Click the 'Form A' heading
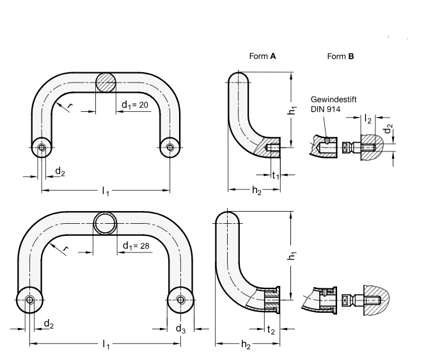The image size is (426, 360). coord(262,56)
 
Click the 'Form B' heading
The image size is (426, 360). coord(340,56)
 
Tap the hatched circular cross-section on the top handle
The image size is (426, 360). coord(106,84)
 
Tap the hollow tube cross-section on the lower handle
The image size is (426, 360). coord(106,224)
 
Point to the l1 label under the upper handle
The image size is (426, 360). coord(106,192)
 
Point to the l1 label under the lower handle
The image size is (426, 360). coord(106,346)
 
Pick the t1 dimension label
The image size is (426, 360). coord(276,176)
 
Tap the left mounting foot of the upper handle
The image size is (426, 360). coord(42,148)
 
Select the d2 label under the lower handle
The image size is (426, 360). coord(48,325)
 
